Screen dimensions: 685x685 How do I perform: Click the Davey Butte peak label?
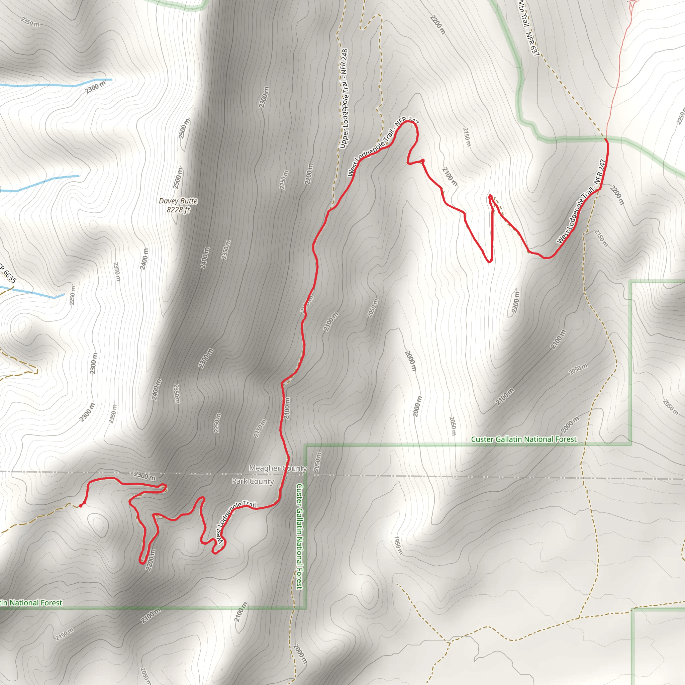tap(178, 201)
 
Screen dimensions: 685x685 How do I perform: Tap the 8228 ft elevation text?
tap(178, 210)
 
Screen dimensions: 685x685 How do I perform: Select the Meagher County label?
tap(278, 468)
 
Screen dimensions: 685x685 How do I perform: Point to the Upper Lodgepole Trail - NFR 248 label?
tap(344, 99)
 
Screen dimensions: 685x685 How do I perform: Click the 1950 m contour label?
tap(398, 545)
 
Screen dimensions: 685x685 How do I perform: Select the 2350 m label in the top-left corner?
tap(30, 22)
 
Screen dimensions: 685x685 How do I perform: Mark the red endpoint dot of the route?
tap(81, 506)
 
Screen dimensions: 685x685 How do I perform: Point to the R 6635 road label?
tap(8, 273)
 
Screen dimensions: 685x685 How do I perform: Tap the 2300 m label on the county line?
tap(144, 476)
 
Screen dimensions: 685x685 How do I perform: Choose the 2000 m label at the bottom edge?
tap(300, 654)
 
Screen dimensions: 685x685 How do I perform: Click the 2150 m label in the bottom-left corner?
tap(65, 634)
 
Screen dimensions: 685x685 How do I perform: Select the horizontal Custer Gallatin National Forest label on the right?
tap(524, 439)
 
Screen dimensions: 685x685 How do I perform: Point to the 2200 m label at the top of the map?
tap(438, 25)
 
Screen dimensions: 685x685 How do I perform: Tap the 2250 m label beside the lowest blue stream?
tap(72, 295)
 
